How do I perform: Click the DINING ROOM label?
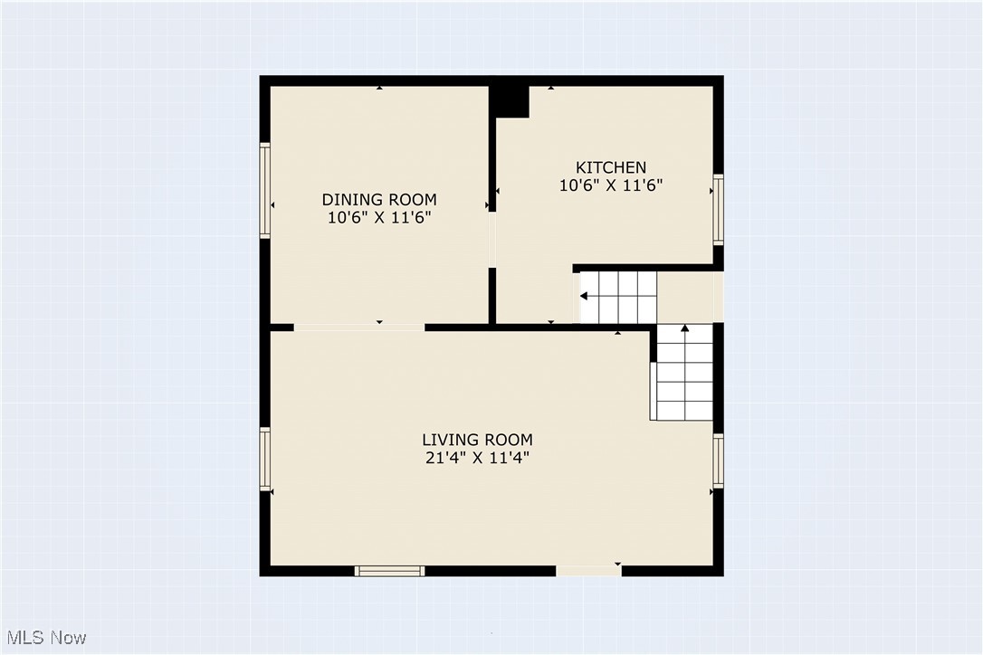[379, 199]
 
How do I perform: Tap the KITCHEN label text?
[611, 167]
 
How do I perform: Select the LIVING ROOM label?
[477, 440]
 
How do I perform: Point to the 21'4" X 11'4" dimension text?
[477, 458]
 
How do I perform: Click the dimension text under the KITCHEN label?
[611, 185]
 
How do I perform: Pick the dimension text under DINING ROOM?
[379, 217]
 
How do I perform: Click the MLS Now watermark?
[43, 638]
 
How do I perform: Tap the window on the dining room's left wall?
[265, 190]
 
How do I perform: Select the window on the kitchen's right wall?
[718, 210]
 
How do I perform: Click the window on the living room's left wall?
[265, 459]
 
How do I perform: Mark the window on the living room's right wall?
[718, 460]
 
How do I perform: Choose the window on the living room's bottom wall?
[389, 571]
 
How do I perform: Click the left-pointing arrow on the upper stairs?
[585, 296]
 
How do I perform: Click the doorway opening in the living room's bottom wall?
[588, 571]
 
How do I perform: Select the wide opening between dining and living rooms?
[359, 327]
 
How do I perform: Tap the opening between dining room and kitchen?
[492, 240]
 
